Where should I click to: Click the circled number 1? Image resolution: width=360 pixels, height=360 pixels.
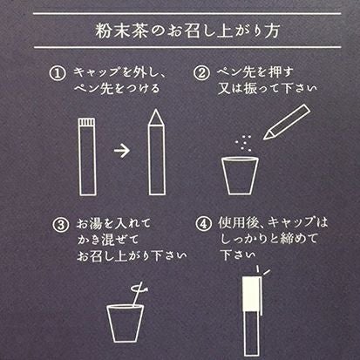pyautogui.click(x=58, y=73)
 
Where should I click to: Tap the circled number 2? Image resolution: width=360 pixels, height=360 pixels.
pyautogui.click(x=201, y=72)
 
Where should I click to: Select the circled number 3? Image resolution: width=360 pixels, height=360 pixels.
pyautogui.click(x=61, y=225)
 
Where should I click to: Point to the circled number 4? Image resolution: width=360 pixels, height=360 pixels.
pyautogui.click(x=203, y=224)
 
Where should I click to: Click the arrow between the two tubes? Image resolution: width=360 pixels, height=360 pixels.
pyautogui.click(x=122, y=151)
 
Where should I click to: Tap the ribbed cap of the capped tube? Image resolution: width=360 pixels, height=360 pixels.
pyautogui.click(x=87, y=122)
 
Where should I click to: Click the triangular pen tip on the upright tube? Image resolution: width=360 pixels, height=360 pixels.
pyautogui.click(x=156, y=118)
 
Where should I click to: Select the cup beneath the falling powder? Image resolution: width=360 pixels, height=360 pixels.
pyautogui.click(x=240, y=175)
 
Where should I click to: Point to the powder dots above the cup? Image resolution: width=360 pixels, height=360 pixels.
pyautogui.click(x=243, y=142)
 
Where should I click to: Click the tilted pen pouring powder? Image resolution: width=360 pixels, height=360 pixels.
pyautogui.click(x=287, y=122)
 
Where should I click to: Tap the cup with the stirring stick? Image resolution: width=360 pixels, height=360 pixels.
pyautogui.click(x=125, y=323)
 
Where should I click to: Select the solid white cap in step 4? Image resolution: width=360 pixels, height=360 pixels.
pyautogui.click(x=251, y=294)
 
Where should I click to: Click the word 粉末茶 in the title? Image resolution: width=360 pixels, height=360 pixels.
pyautogui.click(x=121, y=31)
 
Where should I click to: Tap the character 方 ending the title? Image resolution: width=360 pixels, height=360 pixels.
pyautogui.click(x=272, y=31)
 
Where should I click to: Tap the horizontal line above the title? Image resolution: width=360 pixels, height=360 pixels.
pyautogui.click(x=187, y=13)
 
